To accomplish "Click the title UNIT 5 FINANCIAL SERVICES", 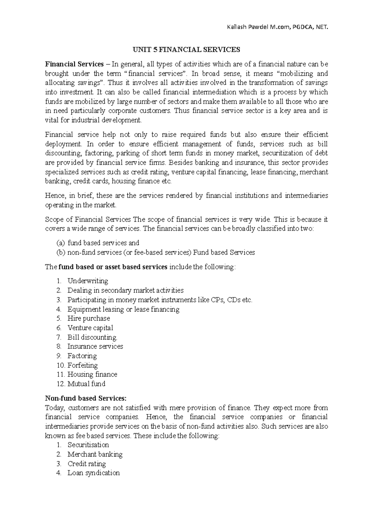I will click(x=186, y=50).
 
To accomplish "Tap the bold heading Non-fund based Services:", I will click(x=86, y=398).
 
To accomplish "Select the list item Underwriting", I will click(x=88, y=281).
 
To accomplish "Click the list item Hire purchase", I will click(x=89, y=318).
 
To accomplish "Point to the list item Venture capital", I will click(x=90, y=328).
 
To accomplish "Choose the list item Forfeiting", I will click(x=82, y=365).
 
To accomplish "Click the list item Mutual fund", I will click(x=86, y=384).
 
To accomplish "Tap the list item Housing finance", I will click(x=92, y=374).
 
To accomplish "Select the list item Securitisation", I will click(x=88, y=445).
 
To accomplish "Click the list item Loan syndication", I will click(x=94, y=473).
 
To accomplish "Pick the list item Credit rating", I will click(x=87, y=464).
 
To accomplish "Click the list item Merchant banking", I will click(x=95, y=454).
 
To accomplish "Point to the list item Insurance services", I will click(x=95, y=346).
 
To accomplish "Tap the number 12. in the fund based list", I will click(x=61, y=384).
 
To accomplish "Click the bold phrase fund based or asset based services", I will click(x=113, y=267).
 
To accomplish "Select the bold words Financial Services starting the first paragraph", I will click(x=74, y=64).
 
